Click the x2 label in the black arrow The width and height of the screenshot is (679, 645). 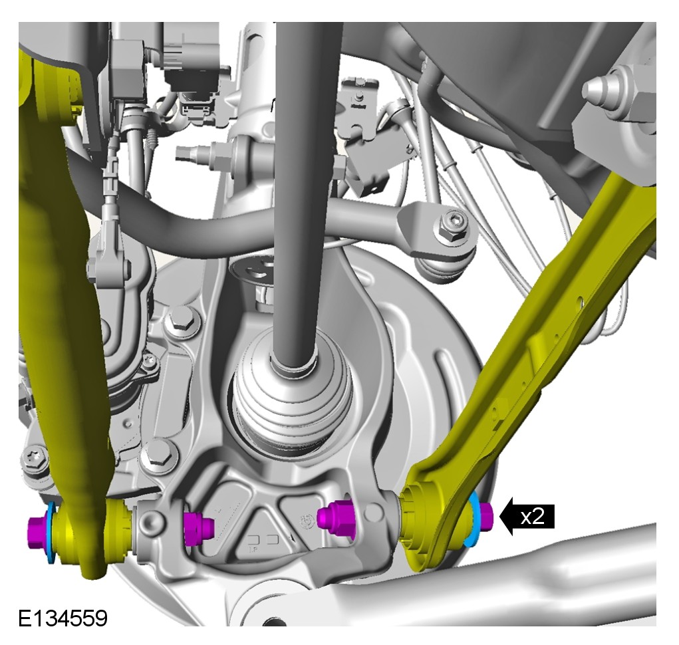coord(532,517)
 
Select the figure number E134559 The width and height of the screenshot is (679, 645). coord(63,618)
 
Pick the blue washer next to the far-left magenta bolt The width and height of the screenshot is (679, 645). coord(51,533)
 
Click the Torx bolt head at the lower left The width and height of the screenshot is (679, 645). coord(34,459)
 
